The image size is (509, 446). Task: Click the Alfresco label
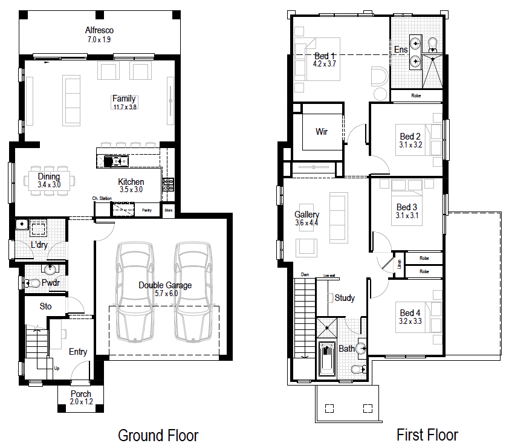pos(99,30)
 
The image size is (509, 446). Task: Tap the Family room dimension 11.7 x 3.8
pos(124,108)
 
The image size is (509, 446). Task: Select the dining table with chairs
pos(50,180)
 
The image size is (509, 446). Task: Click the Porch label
pos(80,394)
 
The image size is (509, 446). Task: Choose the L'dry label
pos(40,245)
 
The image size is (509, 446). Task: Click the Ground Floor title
pos(158,435)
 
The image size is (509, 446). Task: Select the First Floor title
pos(427,435)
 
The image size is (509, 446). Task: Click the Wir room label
pos(322,131)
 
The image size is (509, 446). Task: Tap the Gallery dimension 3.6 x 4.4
pos(306,223)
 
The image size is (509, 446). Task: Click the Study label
pos(345,298)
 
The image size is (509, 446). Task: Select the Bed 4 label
pos(410,312)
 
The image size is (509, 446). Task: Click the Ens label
pos(400,50)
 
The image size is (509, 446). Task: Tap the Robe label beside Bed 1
pos(416,95)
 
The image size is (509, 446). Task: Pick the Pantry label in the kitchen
pos(146,210)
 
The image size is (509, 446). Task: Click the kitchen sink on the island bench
pos(115,161)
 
